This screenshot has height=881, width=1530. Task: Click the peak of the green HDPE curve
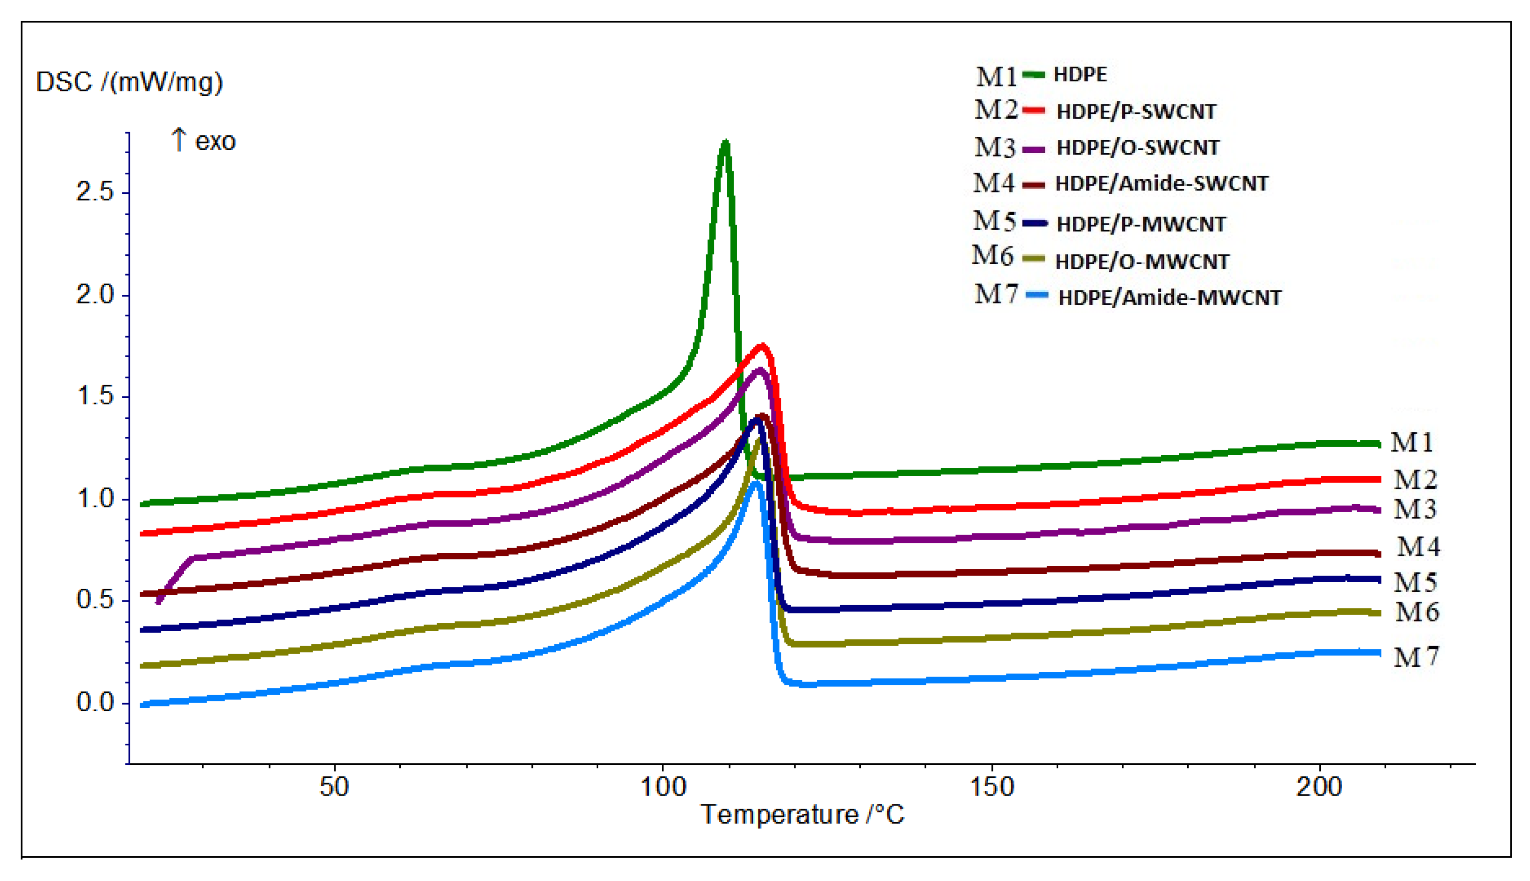pyautogui.click(x=725, y=143)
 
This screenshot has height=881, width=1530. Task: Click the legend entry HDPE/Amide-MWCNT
pyautogui.click(x=1169, y=298)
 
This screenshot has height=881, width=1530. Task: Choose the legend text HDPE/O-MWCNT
pyautogui.click(x=1142, y=261)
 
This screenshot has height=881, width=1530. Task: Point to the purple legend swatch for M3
pyautogui.click(x=1034, y=149)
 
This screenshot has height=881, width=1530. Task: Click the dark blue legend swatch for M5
pyautogui.click(x=1035, y=223)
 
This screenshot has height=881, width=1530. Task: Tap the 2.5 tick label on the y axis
pyautogui.click(x=95, y=192)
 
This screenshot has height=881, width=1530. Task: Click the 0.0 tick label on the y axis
pyautogui.click(x=95, y=703)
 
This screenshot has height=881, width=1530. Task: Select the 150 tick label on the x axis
pyautogui.click(x=992, y=787)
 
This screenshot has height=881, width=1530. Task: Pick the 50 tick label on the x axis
pyautogui.click(x=334, y=787)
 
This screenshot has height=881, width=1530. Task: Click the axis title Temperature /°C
pyautogui.click(x=802, y=814)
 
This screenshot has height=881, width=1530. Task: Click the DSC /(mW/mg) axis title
pyautogui.click(x=129, y=82)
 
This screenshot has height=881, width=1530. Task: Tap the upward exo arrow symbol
pyautogui.click(x=178, y=139)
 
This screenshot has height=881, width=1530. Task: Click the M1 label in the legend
pyautogui.click(x=996, y=76)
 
